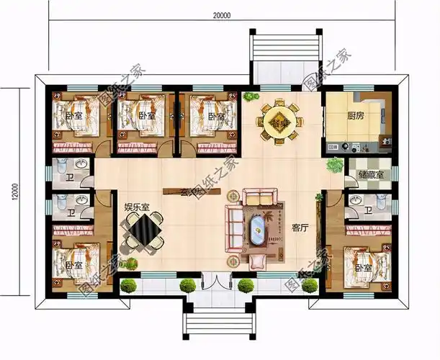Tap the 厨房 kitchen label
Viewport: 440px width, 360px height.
point(355,114)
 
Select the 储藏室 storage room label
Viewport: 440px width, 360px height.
point(370,175)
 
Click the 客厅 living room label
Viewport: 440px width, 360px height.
point(300,228)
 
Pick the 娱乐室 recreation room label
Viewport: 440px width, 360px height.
point(137,207)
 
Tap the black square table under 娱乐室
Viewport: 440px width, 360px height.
point(145,231)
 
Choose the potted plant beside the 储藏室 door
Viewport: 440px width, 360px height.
point(333,165)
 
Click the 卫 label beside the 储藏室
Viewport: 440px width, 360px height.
point(369,211)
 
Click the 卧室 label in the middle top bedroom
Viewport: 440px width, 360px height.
point(147,115)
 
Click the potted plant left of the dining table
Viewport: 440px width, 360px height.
point(249,96)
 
